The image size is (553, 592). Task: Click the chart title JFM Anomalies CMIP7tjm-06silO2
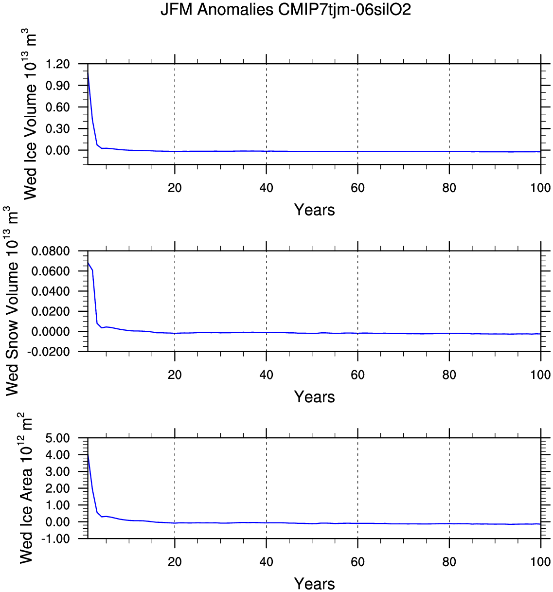[x=285, y=10]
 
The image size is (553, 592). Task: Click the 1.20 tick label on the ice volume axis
[x=58, y=64]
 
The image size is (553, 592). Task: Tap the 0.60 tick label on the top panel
[x=58, y=107]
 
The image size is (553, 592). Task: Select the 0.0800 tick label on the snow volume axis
[x=51, y=251]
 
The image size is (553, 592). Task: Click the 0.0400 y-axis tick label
[x=51, y=291]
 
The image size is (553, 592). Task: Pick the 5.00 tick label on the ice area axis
[x=58, y=438]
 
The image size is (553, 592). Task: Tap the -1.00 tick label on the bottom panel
[x=56, y=539]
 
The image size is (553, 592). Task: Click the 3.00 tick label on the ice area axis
[x=58, y=472]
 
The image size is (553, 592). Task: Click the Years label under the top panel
[x=314, y=210]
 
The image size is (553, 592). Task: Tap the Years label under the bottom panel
[x=314, y=584]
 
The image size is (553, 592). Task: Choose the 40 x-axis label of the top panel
[x=266, y=188]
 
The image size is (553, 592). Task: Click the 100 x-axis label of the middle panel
[x=540, y=375]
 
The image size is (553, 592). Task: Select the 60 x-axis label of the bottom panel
[x=357, y=562]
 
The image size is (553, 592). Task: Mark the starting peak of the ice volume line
[x=88, y=72]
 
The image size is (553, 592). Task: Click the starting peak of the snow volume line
[x=88, y=263]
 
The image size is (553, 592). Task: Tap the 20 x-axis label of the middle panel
[x=175, y=375]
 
